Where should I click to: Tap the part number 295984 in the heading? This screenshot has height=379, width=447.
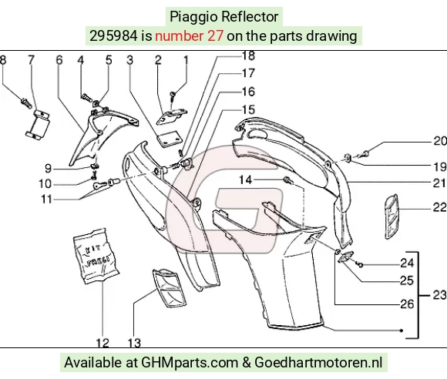coord(113,36)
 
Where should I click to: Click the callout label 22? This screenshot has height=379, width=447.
coord(439,207)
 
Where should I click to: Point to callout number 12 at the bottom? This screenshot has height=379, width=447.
coord(103,343)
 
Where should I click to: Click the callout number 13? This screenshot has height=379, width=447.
coord(134,343)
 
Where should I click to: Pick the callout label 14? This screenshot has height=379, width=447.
coord(245,179)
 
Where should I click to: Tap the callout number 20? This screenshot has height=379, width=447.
coord(440,141)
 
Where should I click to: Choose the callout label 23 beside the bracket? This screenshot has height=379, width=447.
coord(439,295)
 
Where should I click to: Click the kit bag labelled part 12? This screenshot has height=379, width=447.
coord(96,256)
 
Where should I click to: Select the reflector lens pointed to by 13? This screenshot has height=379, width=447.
coord(170,288)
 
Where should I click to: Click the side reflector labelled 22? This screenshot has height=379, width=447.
coord(392,216)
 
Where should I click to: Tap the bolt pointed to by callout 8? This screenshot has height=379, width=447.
coord(26,103)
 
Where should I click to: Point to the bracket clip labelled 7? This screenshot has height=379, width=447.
coord(37,124)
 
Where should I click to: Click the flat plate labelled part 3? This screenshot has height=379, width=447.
coord(170,139)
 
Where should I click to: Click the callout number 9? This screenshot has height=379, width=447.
coord(49,169)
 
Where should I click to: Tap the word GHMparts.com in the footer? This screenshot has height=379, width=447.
coord(190,363)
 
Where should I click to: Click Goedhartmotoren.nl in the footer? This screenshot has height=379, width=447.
coord(318,363)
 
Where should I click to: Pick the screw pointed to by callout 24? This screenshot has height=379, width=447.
coord(360,265)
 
